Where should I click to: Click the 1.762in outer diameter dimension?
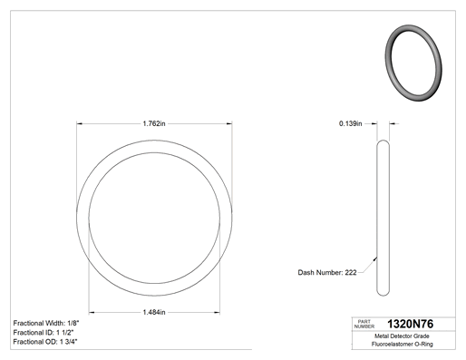(x=154, y=123)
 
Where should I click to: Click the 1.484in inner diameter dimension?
(x=154, y=312)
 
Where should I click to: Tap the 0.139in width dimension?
(x=351, y=123)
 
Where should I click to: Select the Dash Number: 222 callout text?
(x=327, y=272)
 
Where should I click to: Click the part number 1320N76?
(x=411, y=324)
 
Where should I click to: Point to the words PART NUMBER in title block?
(x=364, y=324)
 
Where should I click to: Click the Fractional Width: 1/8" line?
(x=46, y=323)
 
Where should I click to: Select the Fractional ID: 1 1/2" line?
(x=44, y=333)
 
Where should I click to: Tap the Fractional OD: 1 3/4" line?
(x=45, y=342)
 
